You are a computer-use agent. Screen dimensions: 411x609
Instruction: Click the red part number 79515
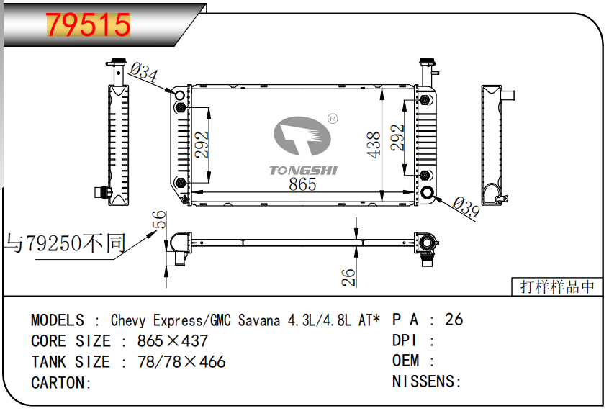[x=89, y=25]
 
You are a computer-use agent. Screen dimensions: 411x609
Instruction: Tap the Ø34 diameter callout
[x=145, y=72]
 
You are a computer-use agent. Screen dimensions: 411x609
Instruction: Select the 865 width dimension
[x=302, y=184]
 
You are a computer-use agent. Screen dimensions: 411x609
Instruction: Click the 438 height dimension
[x=373, y=145]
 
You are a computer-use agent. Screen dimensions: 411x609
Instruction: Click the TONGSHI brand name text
[x=303, y=171]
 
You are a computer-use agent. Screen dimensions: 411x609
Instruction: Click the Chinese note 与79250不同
[x=66, y=244]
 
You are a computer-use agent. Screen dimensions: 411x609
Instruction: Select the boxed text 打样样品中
[x=558, y=286]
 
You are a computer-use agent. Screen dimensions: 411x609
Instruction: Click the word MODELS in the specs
[x=58, y=320]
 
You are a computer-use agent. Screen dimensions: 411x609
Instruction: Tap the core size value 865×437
[x=172, y=341]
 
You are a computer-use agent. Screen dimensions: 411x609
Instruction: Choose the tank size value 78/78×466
[x=181, y=362]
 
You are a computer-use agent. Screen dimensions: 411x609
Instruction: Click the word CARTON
[x=60, y=383]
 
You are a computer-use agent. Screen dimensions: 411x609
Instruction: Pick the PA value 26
[x=454, y=320]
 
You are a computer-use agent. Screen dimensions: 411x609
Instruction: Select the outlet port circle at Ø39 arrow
[x=428, y=192]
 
